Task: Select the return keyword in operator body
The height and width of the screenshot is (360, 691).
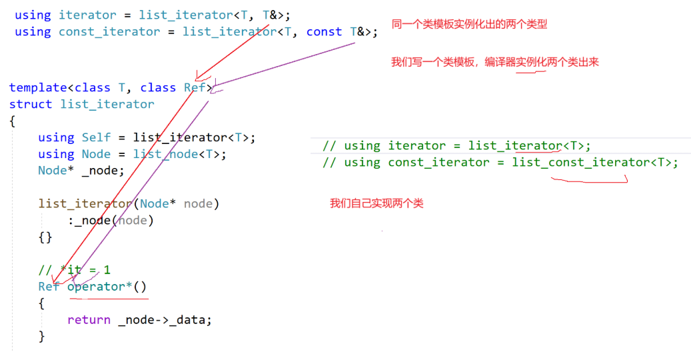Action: point(89,320)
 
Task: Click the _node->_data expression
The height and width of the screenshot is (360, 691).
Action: point(165,320)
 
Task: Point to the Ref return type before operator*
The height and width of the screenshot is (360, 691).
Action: point(49,287)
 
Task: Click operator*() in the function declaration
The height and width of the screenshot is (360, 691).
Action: point(107,287)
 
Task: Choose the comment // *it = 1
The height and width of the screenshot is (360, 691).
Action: point(74,270)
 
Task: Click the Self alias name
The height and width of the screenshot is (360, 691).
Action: point(96,137)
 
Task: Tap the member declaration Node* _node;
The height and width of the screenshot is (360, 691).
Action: point(81,170)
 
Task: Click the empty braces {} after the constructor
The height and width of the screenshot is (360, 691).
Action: point(45,237)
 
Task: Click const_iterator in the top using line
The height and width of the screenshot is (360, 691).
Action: point(109,32)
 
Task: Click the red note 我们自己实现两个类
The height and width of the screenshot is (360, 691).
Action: point(376,203)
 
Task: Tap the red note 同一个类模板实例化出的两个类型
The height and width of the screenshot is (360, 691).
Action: point(470,24)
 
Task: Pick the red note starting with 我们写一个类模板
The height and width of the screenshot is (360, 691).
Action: point(495,62)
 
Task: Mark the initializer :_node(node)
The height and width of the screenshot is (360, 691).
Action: point(111,220)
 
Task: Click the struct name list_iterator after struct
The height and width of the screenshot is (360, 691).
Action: point(107,104)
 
